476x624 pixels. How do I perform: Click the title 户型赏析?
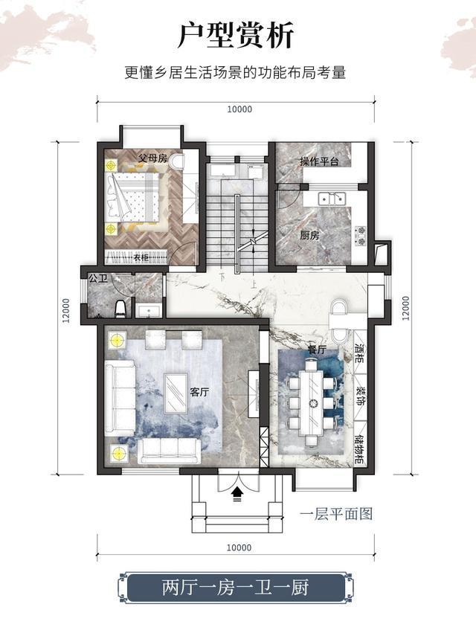click(236, 35)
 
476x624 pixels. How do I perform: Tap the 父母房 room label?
click(152, 158)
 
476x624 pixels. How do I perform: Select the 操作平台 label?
click(319, 161)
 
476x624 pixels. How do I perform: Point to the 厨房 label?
click(309, 235)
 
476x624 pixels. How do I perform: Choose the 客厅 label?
click(199, 392)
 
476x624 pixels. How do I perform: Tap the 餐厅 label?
click(317, 350)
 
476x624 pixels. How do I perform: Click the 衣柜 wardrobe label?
click(141, 258)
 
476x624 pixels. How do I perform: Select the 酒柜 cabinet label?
click(359, 353)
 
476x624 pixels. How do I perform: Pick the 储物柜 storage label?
click(359, 450)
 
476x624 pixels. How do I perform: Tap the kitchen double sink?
click(331, 198)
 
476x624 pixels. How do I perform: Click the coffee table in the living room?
click(176, 392)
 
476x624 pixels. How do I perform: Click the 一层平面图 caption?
click(336, 514)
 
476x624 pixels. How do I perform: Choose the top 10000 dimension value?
click(239, 109)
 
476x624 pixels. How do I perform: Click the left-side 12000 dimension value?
click(66, 310)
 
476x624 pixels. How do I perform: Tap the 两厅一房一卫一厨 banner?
click(235, 588)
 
